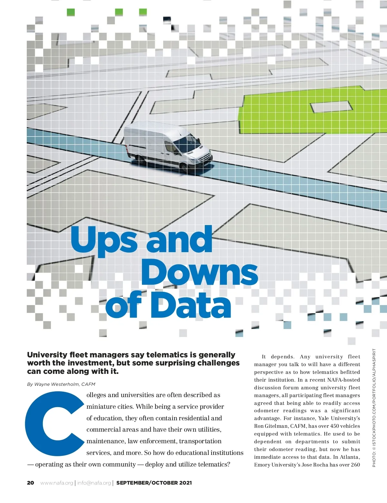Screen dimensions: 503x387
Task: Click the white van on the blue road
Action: (168, 147)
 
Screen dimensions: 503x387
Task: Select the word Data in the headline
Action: (191, 305)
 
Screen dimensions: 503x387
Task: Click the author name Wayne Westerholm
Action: (57, 384)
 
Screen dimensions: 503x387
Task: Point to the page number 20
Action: (30, 483)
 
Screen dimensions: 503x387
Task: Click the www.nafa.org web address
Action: (57, 483)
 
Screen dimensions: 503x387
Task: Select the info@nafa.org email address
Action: (94, 483)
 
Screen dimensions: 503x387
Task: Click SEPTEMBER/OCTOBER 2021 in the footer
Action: (154, 483)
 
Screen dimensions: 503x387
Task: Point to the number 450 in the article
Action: (335, 426)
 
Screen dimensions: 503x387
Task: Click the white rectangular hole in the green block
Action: (330, 107)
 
